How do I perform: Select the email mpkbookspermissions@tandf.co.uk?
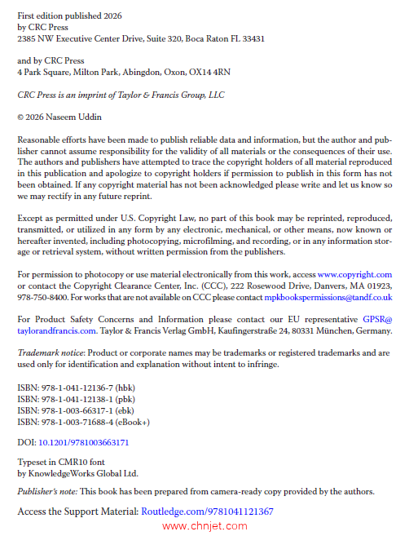pyautogui.click(x=322, y=299)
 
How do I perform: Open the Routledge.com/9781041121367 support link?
pyautogui.click(x=207, y=512)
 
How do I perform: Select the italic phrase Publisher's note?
pyautogui.click(x=48, y=491)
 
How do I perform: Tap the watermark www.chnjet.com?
pyautogui.click(x=204, y=526)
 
